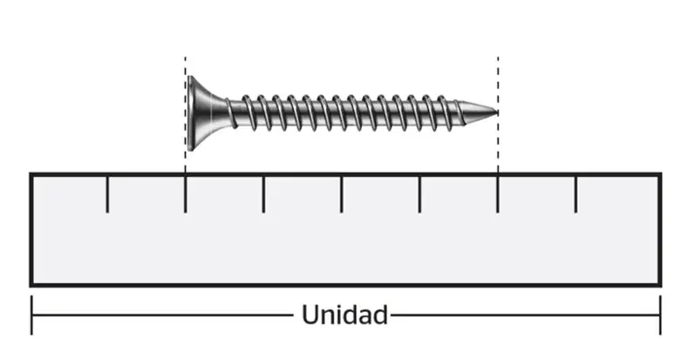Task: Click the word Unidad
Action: point(345,315)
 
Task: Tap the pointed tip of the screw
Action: point(497,112)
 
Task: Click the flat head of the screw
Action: point(191,113)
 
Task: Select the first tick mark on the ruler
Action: point(107,194)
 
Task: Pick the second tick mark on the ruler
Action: point(186,194)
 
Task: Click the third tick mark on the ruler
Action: point(263,194)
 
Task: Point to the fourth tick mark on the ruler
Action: point(341,194)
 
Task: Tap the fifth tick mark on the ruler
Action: point(419,194)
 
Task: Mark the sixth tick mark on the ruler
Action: point(498,194)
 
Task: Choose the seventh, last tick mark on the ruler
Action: point(575,194)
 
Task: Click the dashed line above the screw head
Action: point(186,115)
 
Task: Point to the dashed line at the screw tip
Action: point(498,115)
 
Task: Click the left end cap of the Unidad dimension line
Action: point(31,315)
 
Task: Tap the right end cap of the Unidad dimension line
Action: point(660,315)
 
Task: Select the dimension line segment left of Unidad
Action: point(162,315)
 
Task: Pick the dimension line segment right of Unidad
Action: point(526,315)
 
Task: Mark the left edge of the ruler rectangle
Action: point(31,229)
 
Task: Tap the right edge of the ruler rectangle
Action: point(660,229)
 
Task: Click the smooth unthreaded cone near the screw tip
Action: point(478,112)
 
